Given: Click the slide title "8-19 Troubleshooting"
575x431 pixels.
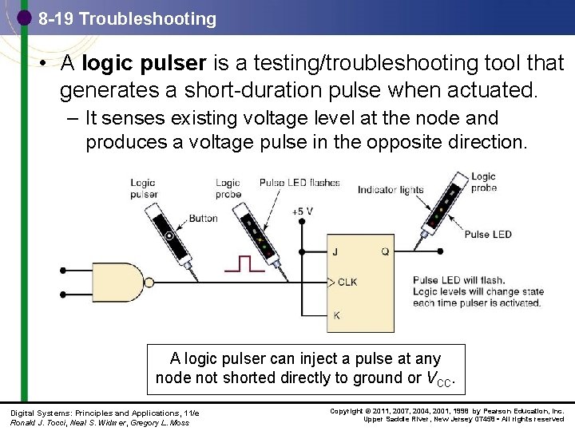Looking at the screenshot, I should tap(127, 18).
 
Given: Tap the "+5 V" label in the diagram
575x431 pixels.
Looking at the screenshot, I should tap(302, 212).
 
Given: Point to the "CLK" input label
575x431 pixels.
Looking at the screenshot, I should tap(347, 282).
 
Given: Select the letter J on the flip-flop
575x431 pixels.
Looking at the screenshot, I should tap(335, 251).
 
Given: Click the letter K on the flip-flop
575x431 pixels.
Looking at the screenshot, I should tap(336, 315).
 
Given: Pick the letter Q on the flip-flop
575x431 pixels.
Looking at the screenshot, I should tap(384, 251).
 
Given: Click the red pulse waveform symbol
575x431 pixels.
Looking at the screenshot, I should tap(244, 263).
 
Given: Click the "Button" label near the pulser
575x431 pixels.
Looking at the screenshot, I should tap(203, 218).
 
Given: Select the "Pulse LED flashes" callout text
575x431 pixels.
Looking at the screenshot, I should tap(299, 183).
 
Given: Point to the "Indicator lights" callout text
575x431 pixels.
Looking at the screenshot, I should tap(391, 190).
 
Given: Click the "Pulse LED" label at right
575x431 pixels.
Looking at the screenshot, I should tap(487, 234).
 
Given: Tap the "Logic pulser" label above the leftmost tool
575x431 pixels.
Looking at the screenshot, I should tap(144, 188).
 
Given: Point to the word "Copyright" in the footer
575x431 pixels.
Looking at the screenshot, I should tap(346, 411).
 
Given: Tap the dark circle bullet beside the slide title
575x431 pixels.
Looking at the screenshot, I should tap(24, 17).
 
